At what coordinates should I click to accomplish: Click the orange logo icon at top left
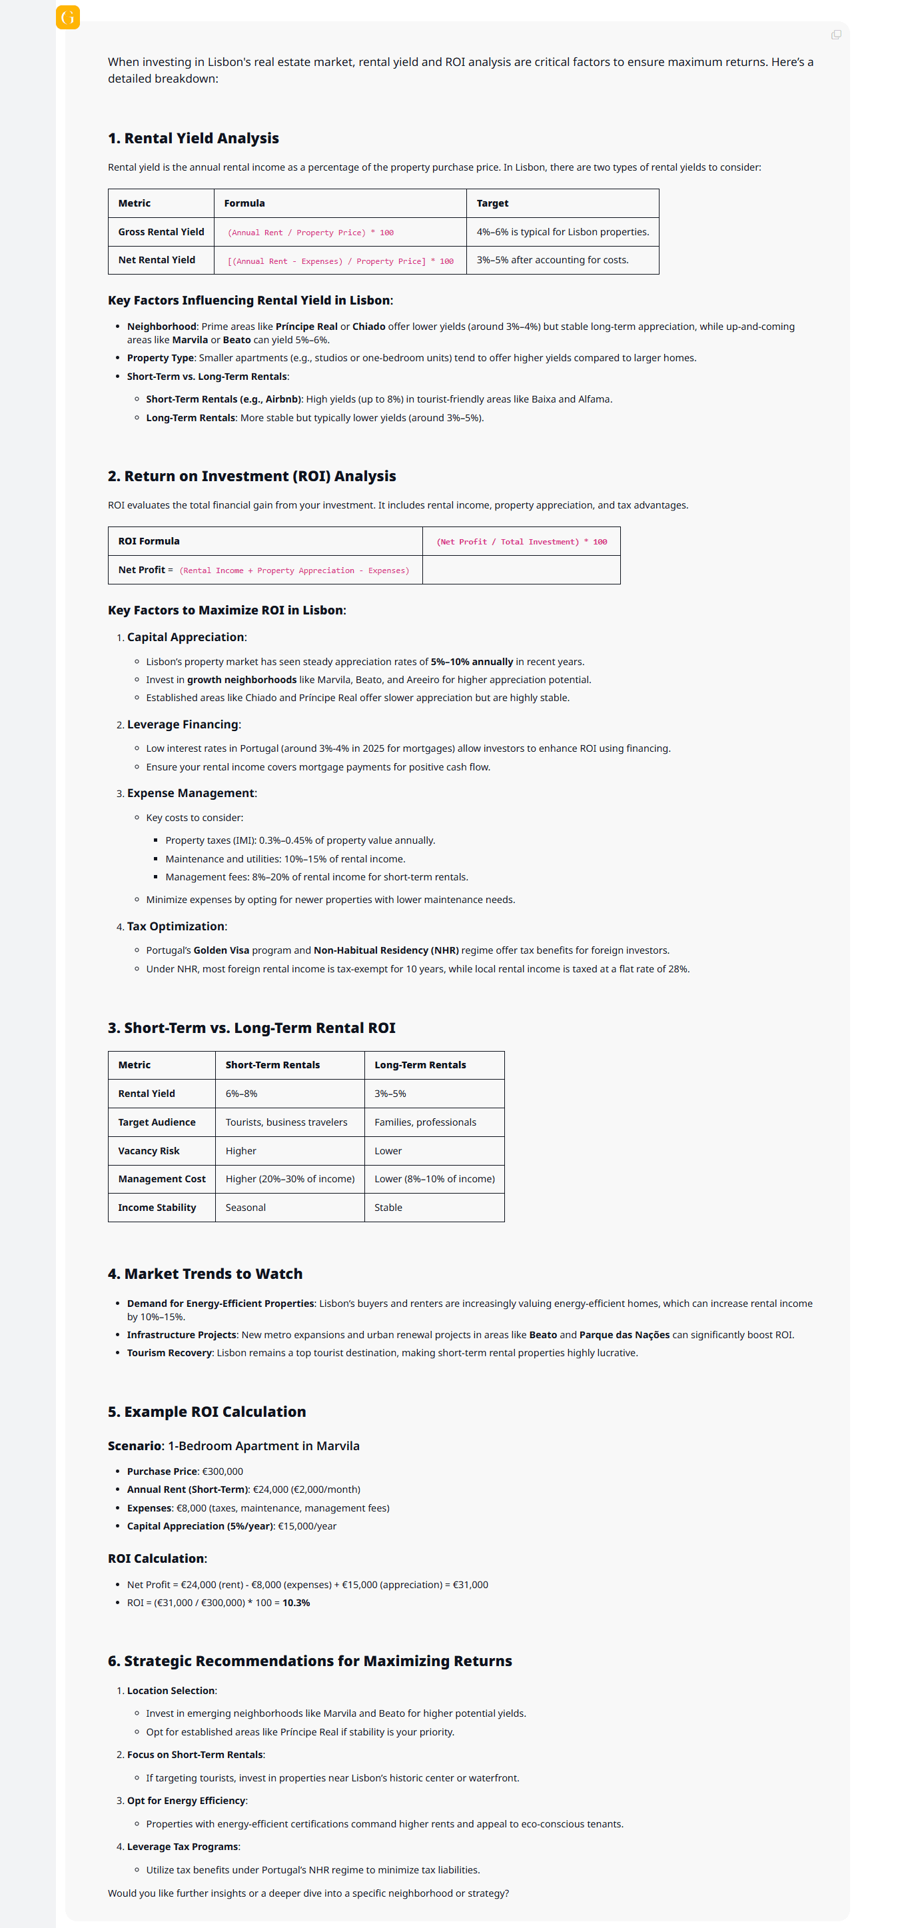(x=67, y=17)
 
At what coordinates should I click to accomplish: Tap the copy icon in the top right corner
(x=835, y=35)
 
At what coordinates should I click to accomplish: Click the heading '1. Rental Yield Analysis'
(x=193, y=139)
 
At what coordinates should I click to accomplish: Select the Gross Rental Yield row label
(x=161, y=232)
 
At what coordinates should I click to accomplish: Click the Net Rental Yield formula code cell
(x=340, y=261)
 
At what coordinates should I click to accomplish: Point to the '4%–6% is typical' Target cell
(x=562, y=232)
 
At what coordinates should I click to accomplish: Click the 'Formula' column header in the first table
(x=244, y=203)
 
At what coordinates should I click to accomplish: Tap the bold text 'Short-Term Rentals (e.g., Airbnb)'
(x=223, y=399)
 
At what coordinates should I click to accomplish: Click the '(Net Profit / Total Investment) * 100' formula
(x=521, y=542)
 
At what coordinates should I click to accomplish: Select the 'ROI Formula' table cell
(x=149, y=541)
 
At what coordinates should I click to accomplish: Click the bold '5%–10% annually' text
(x=472, y=662)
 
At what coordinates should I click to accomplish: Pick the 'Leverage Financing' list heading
(x=183, y=724)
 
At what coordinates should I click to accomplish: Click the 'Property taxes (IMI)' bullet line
(x=299, y=840)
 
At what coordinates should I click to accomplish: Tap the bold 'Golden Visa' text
(x=221, y=950)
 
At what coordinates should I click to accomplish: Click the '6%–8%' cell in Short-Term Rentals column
(x=241, y=1094)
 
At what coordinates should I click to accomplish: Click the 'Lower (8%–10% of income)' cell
(x=434, y=1179)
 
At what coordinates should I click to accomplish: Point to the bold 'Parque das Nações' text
(x=624, y=1336)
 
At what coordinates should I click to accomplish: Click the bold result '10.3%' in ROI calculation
(x=296, y=1603)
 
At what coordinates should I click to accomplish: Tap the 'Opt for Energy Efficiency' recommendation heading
(x=186, y=1801)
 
